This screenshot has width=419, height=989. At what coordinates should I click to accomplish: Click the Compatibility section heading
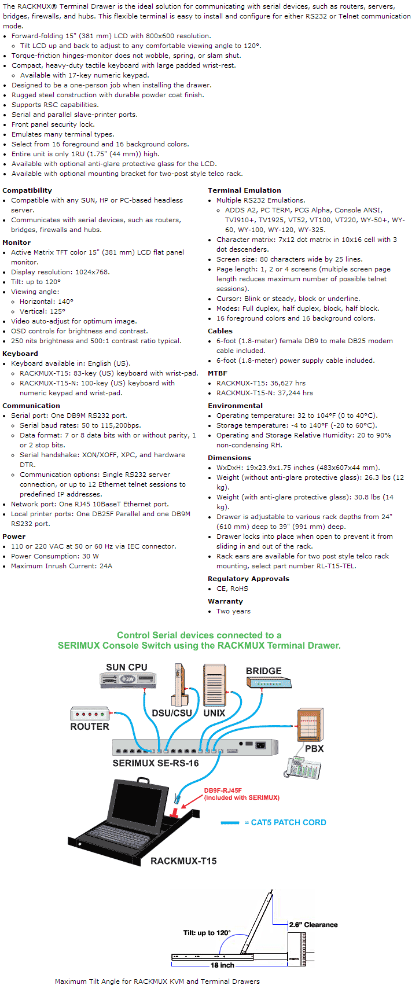click(27, 190)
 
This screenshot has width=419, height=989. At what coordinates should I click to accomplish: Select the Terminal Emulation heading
click(244, 190)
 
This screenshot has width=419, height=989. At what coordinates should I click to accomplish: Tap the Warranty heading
click(225, 601)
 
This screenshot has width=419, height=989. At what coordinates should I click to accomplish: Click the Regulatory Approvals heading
click(248, 579)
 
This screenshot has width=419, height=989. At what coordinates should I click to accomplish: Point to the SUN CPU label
click(126, 667)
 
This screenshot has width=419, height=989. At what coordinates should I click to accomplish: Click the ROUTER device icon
click(90, 714)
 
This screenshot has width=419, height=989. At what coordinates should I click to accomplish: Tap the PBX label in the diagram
click(314, 748)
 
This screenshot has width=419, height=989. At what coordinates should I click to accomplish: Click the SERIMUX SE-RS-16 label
click(155, 763)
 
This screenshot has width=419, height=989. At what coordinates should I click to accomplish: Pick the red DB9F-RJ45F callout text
click(241, 794)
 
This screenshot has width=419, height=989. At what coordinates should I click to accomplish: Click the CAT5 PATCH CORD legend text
click(288, 822)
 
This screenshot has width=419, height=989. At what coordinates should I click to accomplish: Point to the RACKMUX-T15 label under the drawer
click(183, 861)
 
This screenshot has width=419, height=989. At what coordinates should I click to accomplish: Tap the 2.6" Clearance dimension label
click(313, 925)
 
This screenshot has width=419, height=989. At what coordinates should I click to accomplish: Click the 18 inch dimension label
click(222, 965)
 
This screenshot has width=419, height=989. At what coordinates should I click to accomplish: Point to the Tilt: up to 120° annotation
click(207, 933)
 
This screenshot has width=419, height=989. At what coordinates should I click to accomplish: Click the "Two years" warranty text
click(233, 611)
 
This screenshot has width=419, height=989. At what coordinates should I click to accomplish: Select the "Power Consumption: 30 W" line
click(54, 556)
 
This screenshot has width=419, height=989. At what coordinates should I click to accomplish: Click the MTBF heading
click(218, 373)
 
